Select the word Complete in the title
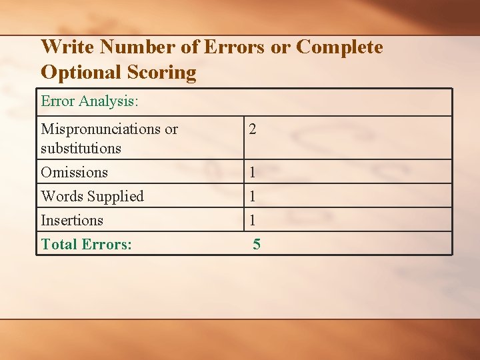pos(340,47)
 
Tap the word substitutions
pos(81,148)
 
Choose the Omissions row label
pos(74,172)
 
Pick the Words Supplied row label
pos(92,196)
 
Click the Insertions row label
pos(72,220)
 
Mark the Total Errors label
pos(86,244)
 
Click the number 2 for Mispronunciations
pos(253,129)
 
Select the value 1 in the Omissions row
pos(253,173)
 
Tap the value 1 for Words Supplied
pos(253,197)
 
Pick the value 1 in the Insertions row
pos(253,221)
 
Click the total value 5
pos(257,245)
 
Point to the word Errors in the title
pos(233,47)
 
